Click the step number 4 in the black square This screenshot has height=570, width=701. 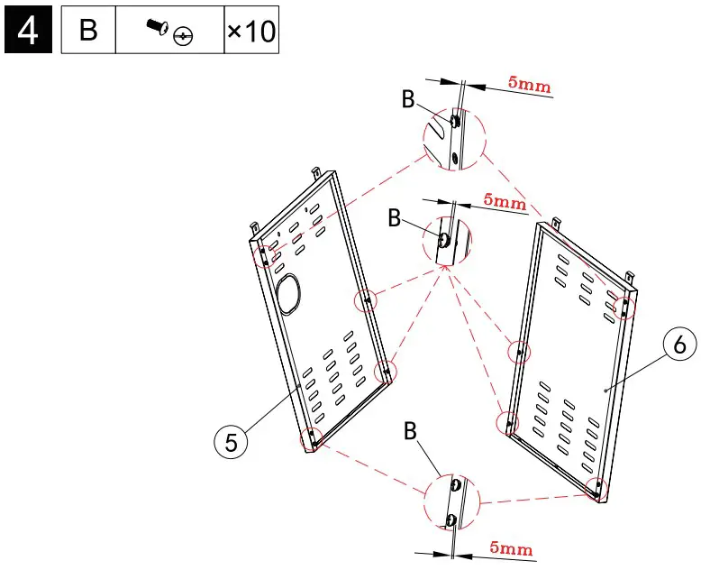[x=28, y=31]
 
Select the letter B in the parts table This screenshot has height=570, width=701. [x=88, y=31]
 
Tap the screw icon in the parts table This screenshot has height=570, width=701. [x=169, y=32]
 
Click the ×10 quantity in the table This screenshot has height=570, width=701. [x=250, y=31]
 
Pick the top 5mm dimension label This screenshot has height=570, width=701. [x=529, y=85]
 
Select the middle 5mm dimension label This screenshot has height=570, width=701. [x=505, y=202]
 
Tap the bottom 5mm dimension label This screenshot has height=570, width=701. [x=510, y=548]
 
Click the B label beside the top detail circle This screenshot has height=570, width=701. [x=408, y=100]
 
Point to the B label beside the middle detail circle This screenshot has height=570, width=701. [x=393, y=217]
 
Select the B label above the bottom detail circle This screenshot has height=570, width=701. [x=411, y=433]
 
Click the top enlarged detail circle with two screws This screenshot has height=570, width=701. [x=452, y=140]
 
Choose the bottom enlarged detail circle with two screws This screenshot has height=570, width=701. [x=453, y=501]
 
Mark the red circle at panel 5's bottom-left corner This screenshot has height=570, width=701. [x=312, y=437]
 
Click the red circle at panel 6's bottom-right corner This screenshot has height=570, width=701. [x=596, y=488]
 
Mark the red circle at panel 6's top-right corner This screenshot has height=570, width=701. [x=624, y=308]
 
